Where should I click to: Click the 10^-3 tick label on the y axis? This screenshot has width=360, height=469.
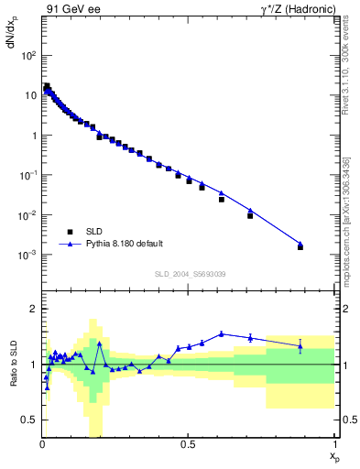click(27, 255)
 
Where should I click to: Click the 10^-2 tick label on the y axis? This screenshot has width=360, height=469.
click(27, 215)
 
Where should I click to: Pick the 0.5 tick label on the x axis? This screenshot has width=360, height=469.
click(187, 446)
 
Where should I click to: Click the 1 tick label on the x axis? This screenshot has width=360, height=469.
click(333, 446)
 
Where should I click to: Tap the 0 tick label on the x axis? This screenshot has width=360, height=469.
click(42, 446)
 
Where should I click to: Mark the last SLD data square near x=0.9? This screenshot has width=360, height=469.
click(300, 247)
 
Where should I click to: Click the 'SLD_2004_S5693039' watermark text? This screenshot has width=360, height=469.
click(190, 275)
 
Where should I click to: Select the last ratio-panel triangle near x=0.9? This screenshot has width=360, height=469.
click(300, 345)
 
